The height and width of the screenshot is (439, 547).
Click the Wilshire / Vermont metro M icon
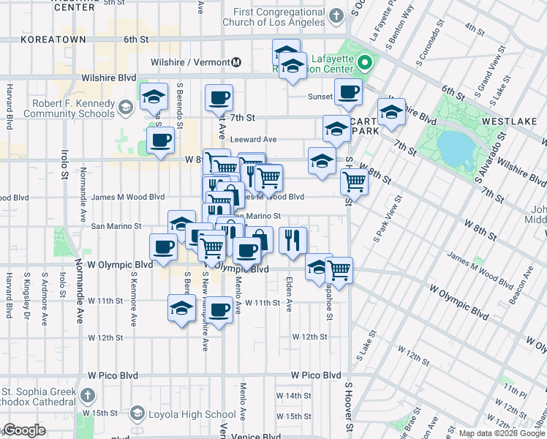(236, 63)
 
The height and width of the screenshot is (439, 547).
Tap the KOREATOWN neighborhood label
(51, 39)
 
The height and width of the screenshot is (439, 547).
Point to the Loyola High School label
(190, 415)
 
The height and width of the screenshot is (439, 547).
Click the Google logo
(24, 430)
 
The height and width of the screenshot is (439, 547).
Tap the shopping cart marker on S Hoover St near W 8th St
(354, 181)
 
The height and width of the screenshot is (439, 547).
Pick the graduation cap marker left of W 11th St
(181, 308)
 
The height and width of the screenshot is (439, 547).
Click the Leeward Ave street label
(253, 139)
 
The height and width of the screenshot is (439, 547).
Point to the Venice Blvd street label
(256, 436)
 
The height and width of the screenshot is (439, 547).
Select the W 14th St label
(294, 396)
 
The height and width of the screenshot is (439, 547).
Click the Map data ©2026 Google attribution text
(502, 433)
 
